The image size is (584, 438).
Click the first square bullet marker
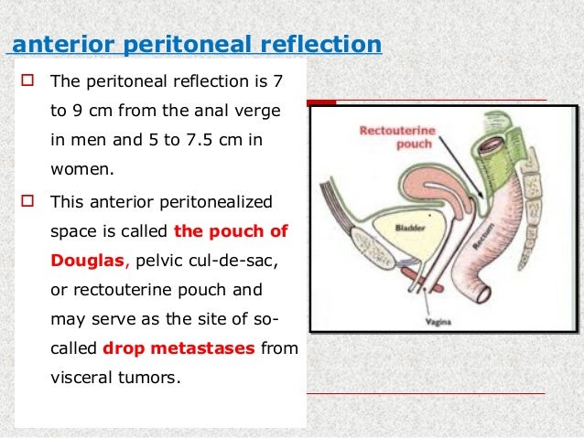pos(25,84)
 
